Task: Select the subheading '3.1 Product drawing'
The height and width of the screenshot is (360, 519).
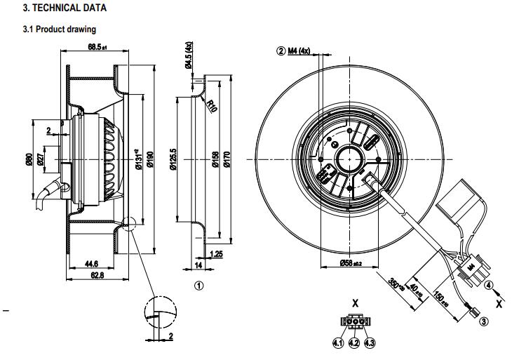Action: coord(60,29)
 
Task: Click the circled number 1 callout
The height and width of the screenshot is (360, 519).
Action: coord(198,286)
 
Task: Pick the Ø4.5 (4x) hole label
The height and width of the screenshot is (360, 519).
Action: coord(189,58)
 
